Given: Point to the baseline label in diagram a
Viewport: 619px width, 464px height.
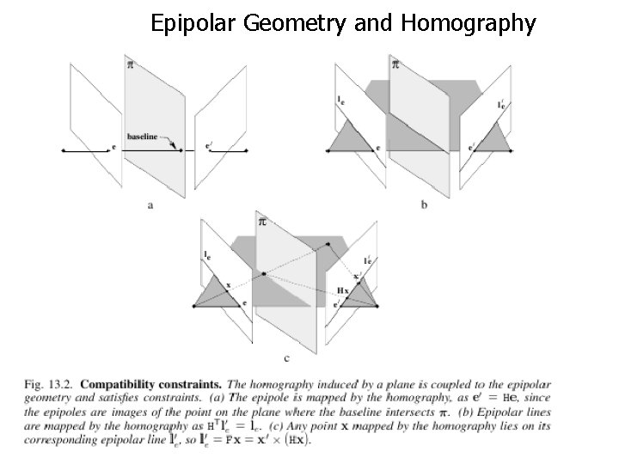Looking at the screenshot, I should point(142,136).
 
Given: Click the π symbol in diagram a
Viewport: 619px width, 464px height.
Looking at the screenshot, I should point(130,65).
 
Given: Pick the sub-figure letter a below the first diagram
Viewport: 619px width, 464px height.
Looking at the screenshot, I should point(151,205).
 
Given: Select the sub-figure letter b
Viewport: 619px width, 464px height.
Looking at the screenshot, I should point(423,205).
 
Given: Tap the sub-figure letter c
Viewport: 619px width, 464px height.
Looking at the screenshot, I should point(285,357).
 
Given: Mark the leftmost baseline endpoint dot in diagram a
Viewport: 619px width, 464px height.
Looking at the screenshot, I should point(64,150).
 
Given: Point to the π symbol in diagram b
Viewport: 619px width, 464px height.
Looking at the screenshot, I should point(395,65).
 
